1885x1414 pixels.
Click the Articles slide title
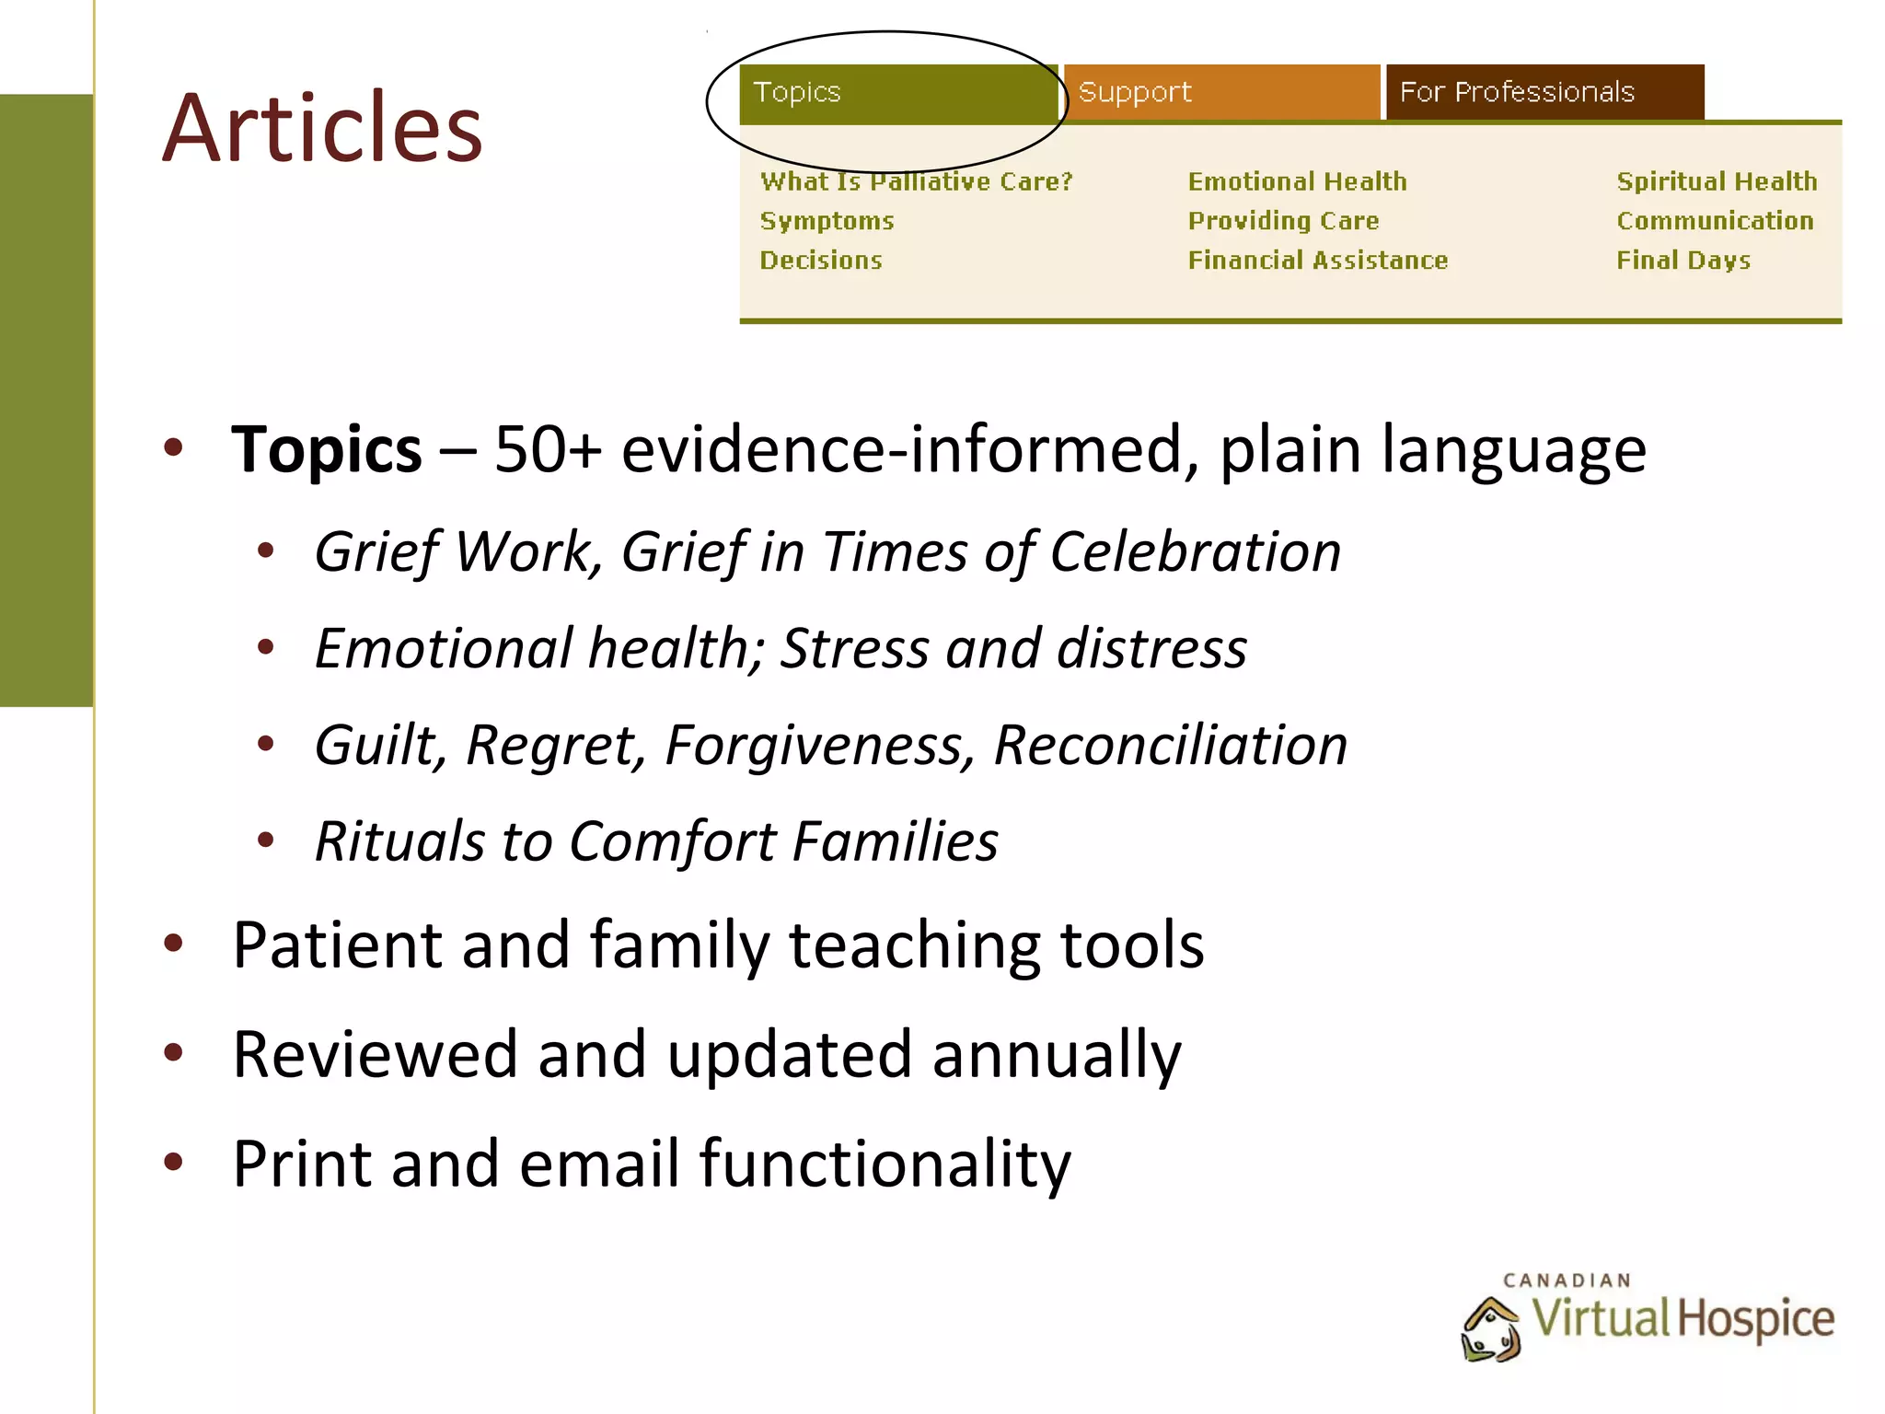(322, 128)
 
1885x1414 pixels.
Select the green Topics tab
(897, 93)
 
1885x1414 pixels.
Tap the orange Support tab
(1221, 92)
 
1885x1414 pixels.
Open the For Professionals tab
(1544, 92)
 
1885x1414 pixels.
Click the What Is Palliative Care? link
(917, 181)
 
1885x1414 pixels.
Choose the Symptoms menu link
(827, 221)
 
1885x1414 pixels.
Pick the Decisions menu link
(821, 261)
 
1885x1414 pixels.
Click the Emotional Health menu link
(1297, 181)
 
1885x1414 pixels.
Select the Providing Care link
(1283, 221)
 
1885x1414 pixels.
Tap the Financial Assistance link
(1317, 261)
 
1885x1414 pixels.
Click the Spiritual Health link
(1717, 181)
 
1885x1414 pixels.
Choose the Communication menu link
(1715, 221)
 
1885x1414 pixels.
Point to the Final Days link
(1683, 261)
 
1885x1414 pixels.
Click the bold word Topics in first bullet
(326, 450)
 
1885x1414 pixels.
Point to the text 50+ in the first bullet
(548, 450)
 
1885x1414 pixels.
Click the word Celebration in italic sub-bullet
(1195, 552)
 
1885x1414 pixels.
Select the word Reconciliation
(1171, 745)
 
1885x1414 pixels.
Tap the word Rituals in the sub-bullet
(399, 841)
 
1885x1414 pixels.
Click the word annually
(1056, 1055)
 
